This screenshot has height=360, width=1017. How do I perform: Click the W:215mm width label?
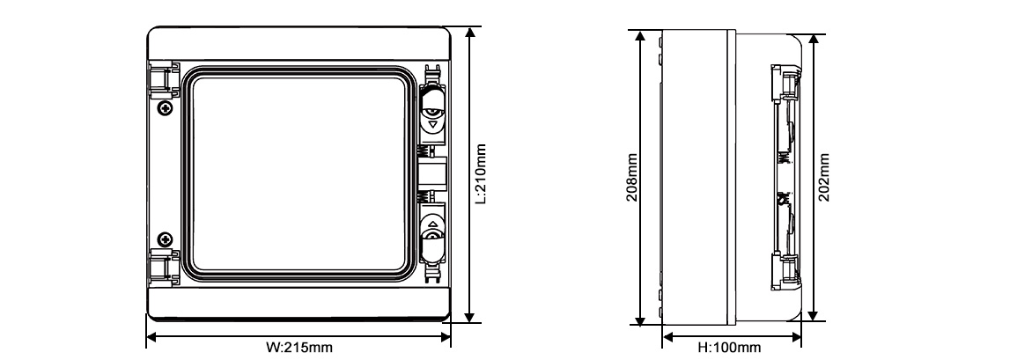[x=298, y=349]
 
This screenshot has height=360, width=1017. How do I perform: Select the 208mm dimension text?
[x=630, y=180]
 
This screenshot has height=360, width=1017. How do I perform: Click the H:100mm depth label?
[x=729, y=349]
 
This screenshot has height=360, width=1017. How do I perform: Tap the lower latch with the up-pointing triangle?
[x=433, y=234]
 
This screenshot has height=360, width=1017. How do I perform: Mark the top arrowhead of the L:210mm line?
[x=471, y=32]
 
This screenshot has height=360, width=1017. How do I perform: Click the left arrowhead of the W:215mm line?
[x=151, y=335]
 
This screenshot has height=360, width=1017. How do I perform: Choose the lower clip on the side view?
[x=786, y=268]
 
